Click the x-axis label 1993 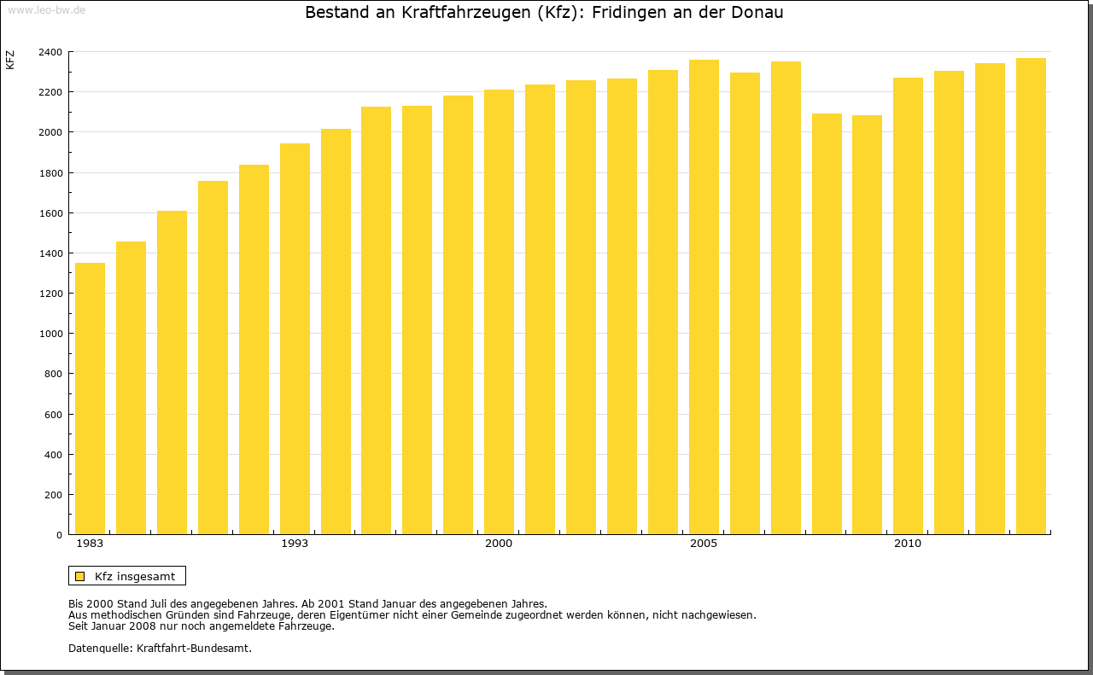tap(295, 544)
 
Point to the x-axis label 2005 tap(704, 544)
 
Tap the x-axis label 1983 tap(90, 544)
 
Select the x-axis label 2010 tap(908, 544)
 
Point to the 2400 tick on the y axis tap(50, 52)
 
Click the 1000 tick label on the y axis tap(50, 334)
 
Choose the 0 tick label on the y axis tap(59, 535)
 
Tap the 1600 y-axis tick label tap(50, 213)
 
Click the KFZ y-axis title tap(10, 60)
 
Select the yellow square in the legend tap(80, 576)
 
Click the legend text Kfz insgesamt tap(135, 576)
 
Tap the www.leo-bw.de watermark tap(45, 9)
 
